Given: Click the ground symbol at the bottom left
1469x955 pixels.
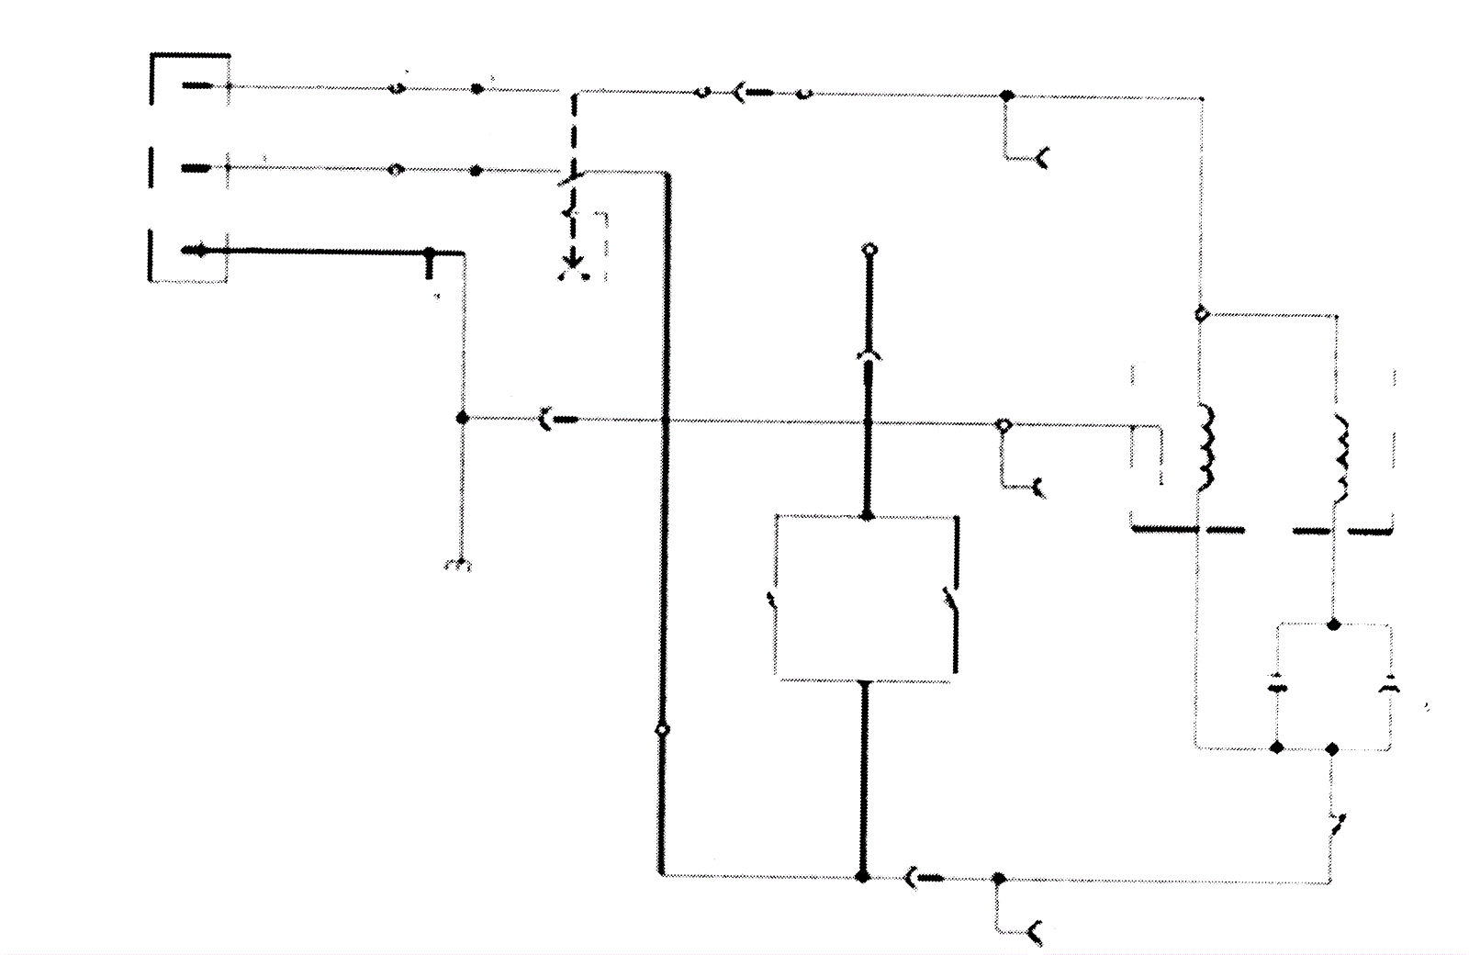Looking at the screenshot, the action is pos(457,565).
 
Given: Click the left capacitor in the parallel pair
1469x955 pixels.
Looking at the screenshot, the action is pos(1276,686).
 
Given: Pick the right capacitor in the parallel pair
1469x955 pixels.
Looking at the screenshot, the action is pos(1389,686).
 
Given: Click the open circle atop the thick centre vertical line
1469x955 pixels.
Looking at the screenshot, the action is pos(870,250).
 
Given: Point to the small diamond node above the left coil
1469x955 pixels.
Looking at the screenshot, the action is pos(1200,314).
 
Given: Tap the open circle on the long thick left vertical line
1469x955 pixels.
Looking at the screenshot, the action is pos(662,730).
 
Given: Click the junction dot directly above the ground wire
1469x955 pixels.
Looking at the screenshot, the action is pos(463,418).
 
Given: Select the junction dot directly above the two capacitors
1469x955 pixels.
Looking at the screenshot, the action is pos(1334,625).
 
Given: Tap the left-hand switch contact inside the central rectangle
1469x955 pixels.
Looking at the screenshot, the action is pos(773,601).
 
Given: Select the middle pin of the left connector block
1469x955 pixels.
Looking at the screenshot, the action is pos(196,168).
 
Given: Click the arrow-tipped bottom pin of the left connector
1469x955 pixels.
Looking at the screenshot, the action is pos(196,250).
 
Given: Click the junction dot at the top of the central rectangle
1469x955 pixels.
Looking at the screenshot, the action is pos(866,516).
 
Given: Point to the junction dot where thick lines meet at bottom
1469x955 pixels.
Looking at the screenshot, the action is pos(862,877).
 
